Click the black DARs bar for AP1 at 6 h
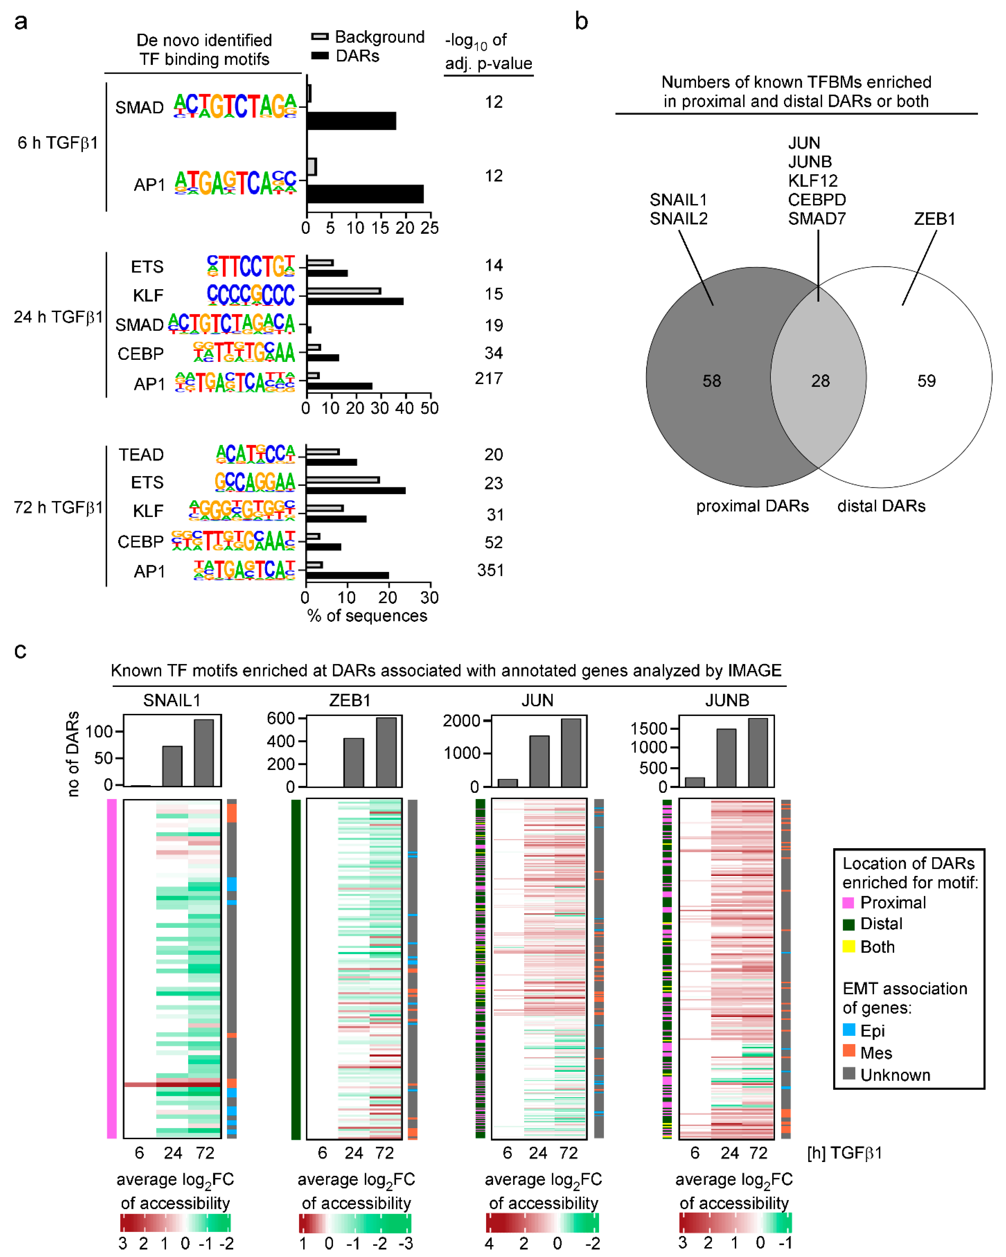(365, 194)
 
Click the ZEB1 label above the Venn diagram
(934, 219)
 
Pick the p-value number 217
(489, 379)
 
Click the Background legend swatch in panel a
(320, 37)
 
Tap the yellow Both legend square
(849, 946)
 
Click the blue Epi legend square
(849, 1030)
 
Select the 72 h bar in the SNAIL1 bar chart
(204, 753)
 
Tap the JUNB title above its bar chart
(727, 700)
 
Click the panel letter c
(21, 651)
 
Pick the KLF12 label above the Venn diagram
(812, 181)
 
